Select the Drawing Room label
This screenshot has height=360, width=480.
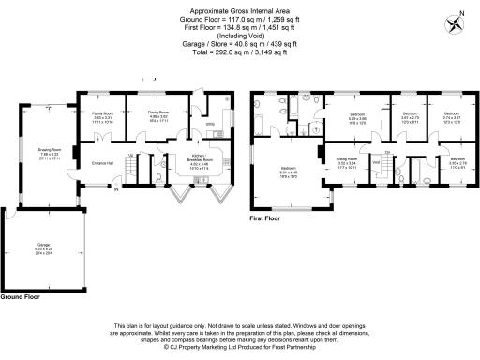click(x=50, y=154)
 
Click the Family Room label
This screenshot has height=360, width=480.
click(x=102, y=118)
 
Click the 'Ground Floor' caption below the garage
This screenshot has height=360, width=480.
click(x=20, y=295)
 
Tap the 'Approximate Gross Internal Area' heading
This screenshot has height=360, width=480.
click(x=239, y=9)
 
